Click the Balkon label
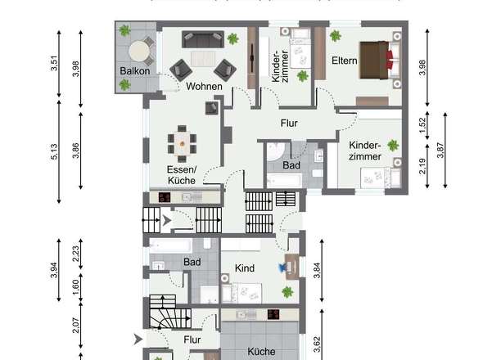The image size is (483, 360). tap(135, 71)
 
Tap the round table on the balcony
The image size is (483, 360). tap(139, 52)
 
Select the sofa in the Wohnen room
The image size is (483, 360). tap(203, 39)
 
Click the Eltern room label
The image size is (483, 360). tap(345, 61)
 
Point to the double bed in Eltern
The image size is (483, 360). tap(381, 60)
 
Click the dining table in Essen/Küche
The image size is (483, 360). tap(182, 143)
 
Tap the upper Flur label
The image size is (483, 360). tap(289, 124)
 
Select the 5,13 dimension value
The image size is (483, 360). tap(54, 151)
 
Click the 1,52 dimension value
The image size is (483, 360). tap(422, 125)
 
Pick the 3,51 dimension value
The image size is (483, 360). tap(54, 63)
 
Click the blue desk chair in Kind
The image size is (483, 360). tap(283, 268)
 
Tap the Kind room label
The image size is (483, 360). tap(245, 268)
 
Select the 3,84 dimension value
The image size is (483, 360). tap(318, 270)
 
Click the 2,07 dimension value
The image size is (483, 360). tap(76, 325)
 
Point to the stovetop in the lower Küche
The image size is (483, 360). tap(273, 314)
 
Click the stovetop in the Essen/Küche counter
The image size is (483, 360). tap(165, 197)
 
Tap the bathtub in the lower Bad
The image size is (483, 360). tap(170, 245)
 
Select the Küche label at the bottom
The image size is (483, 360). tap(261, 351)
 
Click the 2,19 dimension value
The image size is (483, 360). tap(422, 166)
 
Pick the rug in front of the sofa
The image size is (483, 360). tap(203, 59)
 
